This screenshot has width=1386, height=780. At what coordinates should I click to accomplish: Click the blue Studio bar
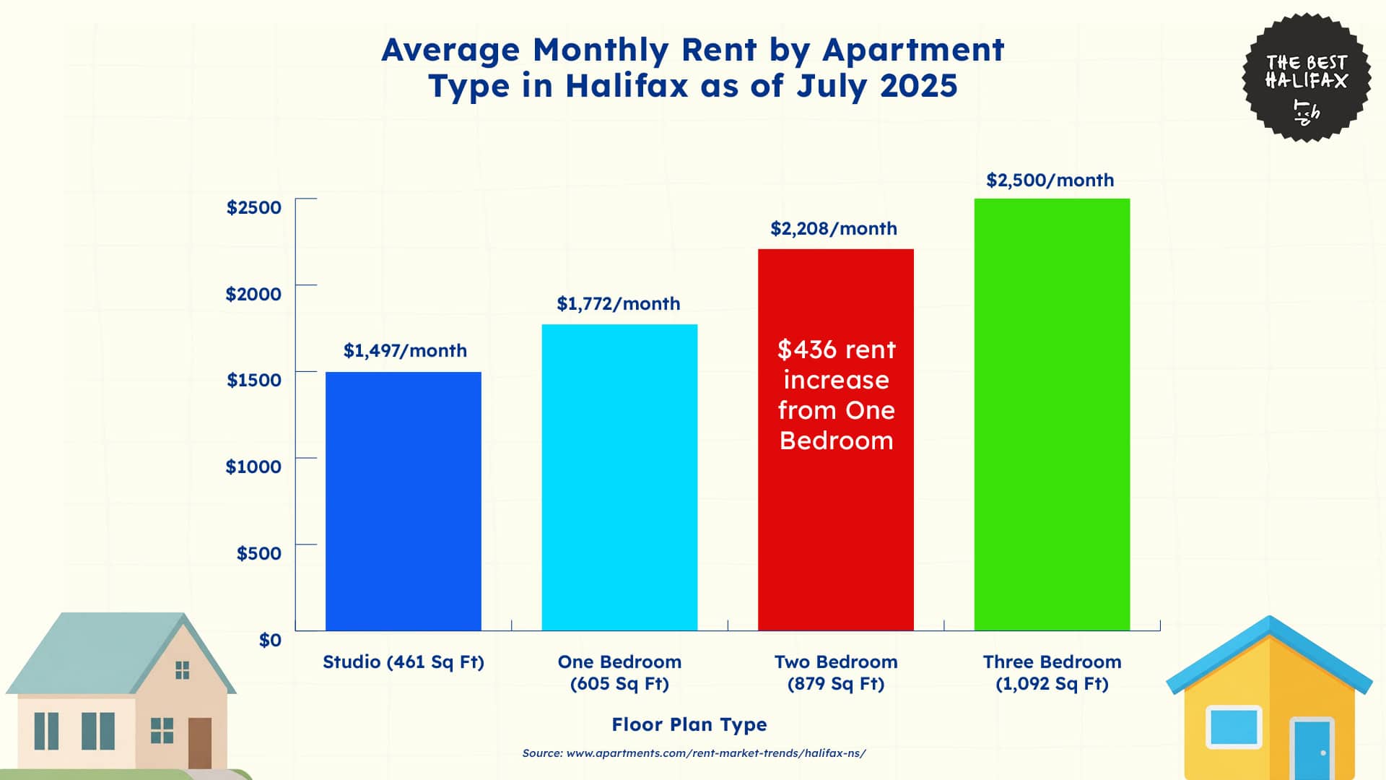tap(403, 501)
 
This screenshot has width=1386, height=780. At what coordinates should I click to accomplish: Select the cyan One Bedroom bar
tap(619, 477)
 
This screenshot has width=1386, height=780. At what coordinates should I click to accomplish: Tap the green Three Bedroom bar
tap(1052, 415)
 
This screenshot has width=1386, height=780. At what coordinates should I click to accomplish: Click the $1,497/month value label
tap(405, 351)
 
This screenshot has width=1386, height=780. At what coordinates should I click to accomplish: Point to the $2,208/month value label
tap(834, 229)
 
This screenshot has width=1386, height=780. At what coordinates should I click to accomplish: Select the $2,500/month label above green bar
tap(1050, 181)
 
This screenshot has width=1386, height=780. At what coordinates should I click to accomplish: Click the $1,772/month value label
tap(618, 304)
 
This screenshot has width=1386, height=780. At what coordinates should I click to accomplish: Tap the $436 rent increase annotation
tap(836, 395)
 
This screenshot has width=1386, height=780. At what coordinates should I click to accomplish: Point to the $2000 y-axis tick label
tap(253, 294)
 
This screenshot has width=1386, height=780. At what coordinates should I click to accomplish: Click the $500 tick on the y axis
tap(259, 553)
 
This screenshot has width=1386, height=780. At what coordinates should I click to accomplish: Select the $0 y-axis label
tap(270, 640)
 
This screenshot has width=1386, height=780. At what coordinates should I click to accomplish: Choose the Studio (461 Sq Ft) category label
tap(403, 662)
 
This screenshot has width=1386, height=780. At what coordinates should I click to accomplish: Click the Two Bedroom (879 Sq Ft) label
tap(836, 672)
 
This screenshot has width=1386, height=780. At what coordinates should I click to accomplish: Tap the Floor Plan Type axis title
tap(689, 724)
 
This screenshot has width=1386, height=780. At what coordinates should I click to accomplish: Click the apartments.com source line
tap(694, 753)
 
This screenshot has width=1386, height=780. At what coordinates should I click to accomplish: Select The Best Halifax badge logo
tap(1306, 77)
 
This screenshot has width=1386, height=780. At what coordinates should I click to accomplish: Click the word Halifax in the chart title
tap(627, 86)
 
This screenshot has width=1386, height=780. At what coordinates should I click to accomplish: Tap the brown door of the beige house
tap(200, 742)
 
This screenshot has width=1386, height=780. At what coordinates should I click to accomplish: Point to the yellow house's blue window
tap(1234, 727)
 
